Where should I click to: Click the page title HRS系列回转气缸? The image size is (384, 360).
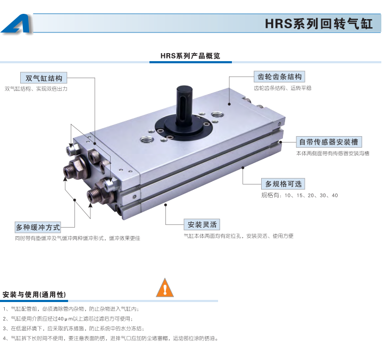point(319,24)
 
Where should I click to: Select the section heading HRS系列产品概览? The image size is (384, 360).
point(190,56)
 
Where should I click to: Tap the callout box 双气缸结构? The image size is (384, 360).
point(44,78)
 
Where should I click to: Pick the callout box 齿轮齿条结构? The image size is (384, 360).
point(279,77)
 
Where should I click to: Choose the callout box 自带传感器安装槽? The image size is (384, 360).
point(329,142)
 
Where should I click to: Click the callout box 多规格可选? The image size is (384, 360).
point(283,184)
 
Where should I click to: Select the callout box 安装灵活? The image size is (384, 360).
point(202,224)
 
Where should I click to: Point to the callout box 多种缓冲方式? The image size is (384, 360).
point(38,227)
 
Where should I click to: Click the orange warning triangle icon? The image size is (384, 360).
point(165,288)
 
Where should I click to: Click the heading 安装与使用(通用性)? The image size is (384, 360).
point(34,295)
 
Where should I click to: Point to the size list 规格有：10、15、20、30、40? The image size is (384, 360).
point(299,196)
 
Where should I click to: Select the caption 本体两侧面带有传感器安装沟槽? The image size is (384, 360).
point(332,154)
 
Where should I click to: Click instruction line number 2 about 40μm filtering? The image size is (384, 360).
point(68,319)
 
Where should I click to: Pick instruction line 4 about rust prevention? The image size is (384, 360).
point(111,338)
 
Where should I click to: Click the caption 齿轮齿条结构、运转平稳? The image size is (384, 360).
point(282,88)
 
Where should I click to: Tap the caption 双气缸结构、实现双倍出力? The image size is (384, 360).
point(36,89)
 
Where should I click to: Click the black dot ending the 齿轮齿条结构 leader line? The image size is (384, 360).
point(229,104)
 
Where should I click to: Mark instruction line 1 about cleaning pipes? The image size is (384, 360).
point(71,309)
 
